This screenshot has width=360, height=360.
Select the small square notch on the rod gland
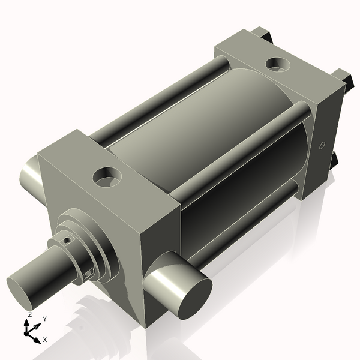[90, 274]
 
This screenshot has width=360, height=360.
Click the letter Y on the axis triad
[45, 319]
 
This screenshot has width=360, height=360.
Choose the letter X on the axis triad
[45, 340]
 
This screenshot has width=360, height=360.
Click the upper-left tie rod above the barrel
[162, 96]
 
